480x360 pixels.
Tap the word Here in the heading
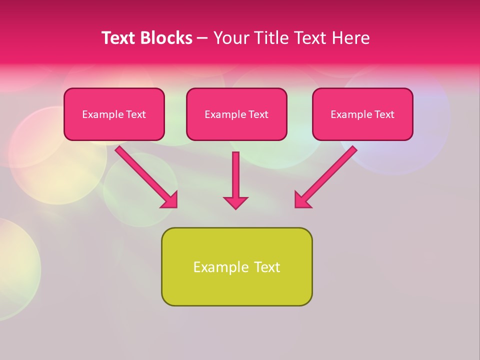coord(350,38)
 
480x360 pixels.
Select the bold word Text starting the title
coord(119,38)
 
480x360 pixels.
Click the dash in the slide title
coord(202,38)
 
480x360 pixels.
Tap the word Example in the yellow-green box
coord(220,267)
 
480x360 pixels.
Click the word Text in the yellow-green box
coord(267,267)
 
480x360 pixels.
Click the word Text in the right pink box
coord(384,114)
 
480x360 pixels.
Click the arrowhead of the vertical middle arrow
coord(235,202)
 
